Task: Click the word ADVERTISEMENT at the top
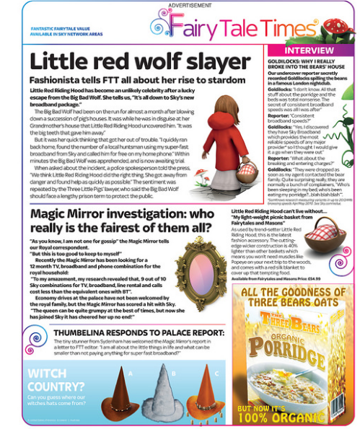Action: pos(180,5)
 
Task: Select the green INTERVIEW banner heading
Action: pos(309,51)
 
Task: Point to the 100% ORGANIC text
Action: pos(294,416)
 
